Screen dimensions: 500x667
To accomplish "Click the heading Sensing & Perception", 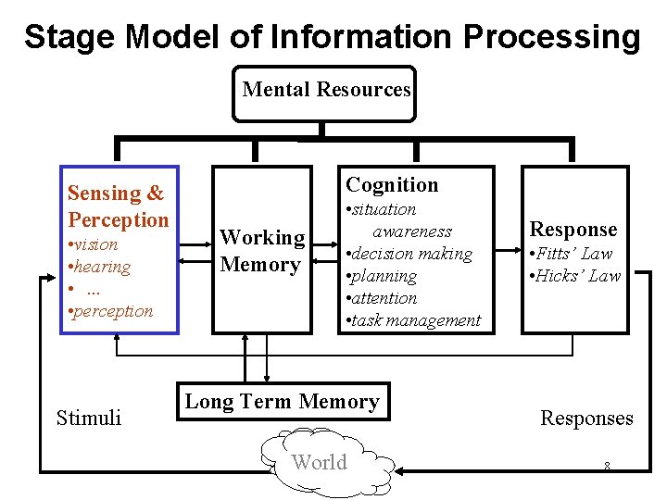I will click(x=118, y=206).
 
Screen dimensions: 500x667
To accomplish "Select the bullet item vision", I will click(x=95, y=244).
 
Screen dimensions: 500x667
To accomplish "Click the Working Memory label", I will click(x=262, y=251).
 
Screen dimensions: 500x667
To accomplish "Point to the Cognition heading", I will click(x=392, y=185).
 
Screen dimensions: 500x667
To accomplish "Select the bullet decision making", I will click(x=410, y=254).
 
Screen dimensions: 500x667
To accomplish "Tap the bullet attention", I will click(x=384, y=298).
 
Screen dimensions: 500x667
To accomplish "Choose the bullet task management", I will click(x=414, y=320).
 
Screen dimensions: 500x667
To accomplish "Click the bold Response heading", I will click(x=573, y=230).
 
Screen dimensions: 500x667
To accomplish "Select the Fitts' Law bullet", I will click(x=573, y=254).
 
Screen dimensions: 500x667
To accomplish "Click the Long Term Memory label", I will click(x=282, y=402).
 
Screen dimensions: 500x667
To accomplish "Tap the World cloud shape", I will click(x=320, y=462).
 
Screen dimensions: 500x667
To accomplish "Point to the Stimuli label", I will click(x=89, y=419).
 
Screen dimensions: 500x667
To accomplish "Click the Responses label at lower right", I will click(x=586, y=419).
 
